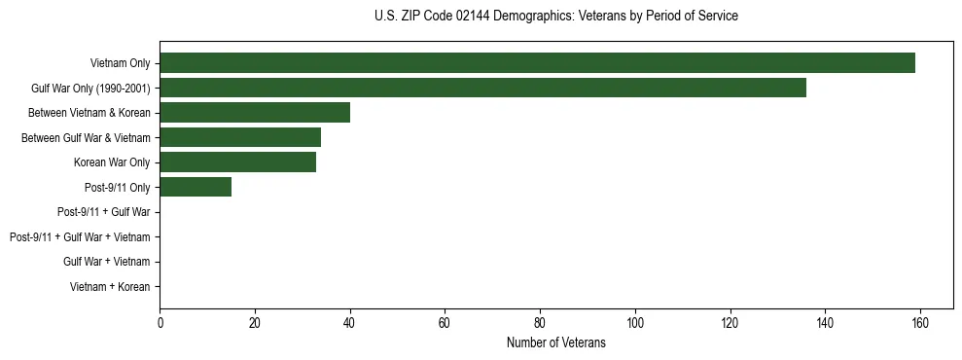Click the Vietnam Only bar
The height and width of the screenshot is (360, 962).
coord(537,62)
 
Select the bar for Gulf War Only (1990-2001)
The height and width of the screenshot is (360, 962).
coord(482,88)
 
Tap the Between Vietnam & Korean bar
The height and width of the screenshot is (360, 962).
coord(255,112)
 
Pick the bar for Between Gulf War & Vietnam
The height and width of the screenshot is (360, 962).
coord(240,137)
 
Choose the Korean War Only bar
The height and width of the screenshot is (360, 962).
coord(237,162)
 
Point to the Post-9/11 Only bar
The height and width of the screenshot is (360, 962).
coord(196,187)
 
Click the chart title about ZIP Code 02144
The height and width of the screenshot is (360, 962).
coord(555,17)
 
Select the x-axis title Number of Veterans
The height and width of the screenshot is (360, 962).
coord(555,342)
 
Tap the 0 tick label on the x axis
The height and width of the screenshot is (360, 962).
coord(160,323)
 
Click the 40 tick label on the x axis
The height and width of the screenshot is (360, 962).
coord(350,323)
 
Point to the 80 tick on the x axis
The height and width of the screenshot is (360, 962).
coord(540,323)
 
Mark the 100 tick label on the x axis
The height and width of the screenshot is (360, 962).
coord(635,323)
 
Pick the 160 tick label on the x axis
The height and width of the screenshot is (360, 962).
coord(920,323)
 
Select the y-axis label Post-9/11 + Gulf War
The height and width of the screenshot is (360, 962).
coord(104,211)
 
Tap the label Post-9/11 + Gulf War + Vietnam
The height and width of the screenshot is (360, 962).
coord(80,236)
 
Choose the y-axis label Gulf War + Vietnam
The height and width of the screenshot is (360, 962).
coord(107,262)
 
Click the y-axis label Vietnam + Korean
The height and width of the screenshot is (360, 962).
coord(110,287)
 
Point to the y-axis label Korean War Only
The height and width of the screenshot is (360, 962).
coord(112,162)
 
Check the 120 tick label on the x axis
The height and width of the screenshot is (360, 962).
coord(730,323)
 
